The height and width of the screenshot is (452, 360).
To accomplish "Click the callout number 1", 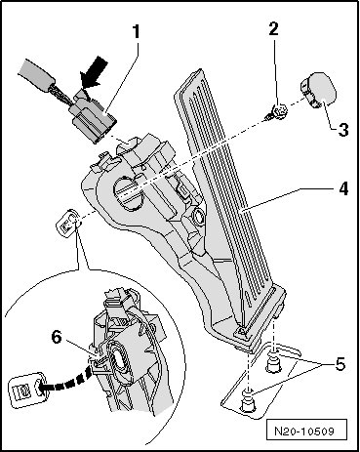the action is click(x=136, y=32).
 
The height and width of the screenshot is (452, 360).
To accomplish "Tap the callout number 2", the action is click(x=274, y=28).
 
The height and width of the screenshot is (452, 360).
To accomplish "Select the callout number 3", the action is click(x=342, y=130).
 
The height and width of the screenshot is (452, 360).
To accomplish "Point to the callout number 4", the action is click(x=343, y=188).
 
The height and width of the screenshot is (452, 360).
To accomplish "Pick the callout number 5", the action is click(x=340, y=364).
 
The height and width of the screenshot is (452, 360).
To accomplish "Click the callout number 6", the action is click(x=57, y=338).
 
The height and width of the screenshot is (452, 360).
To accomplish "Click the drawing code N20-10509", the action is click(x=304, y=431).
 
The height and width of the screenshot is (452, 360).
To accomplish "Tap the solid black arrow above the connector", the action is click(x=94, y=72).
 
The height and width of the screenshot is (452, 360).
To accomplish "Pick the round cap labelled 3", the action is click(x=317, y=90).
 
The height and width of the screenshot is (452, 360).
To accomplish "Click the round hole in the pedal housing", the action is click(x=129, y=192).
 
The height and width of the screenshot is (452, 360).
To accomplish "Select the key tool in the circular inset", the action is click(x=27, y=389).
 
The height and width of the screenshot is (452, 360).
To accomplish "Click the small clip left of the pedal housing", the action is click(x=68, y=223).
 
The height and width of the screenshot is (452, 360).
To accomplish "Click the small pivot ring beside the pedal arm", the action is click(x=198, y=216).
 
